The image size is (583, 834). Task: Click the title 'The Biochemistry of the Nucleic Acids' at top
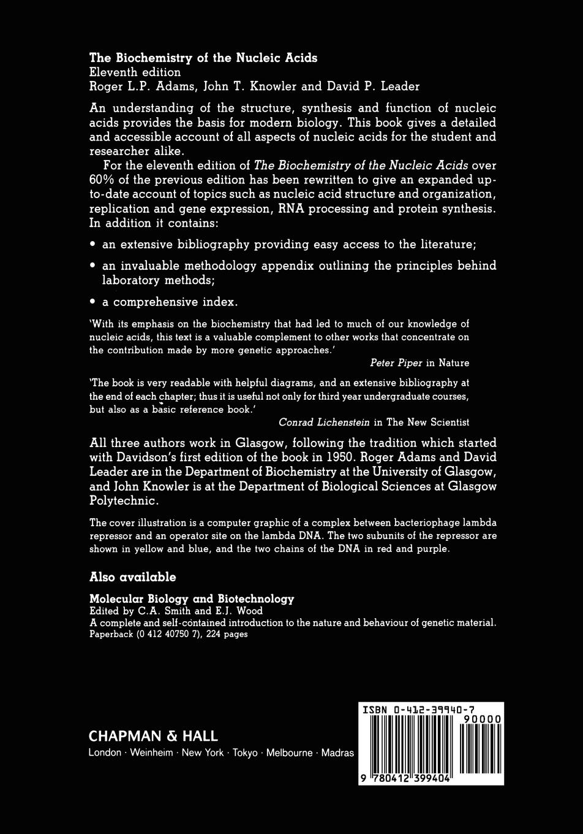[x=203, y=58]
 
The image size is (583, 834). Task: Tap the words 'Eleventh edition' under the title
[x=135, y=72]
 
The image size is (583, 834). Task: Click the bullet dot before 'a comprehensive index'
[x=92, y=302]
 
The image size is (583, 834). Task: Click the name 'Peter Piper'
[x=396, y=363]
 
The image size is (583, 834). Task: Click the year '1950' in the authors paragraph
[x=335, y=457]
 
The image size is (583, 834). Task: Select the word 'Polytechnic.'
[x=124, y=500]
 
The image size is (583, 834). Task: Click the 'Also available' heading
[x=132, y=577]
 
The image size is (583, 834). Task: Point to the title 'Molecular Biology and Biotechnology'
[x=192, y=599]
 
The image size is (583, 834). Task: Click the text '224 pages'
[x=227, y=634]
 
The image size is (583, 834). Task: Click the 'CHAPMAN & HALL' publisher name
[x=153, y=736]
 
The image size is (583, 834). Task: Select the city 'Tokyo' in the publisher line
[x=245, y=753]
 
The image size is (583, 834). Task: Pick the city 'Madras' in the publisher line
[x=337, y=753]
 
